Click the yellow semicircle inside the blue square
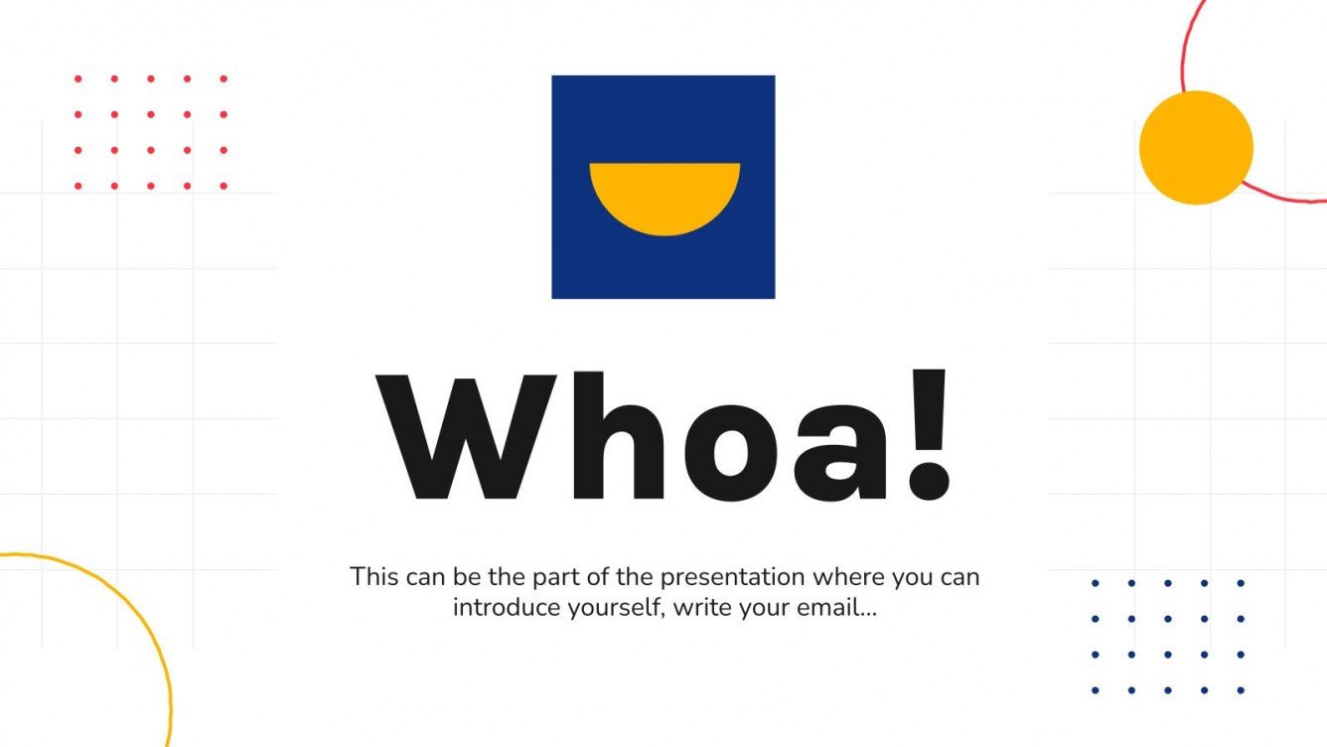coord(664,195)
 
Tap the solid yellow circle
coord(1196,148)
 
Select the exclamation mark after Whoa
coord(930,437)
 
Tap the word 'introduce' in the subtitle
coord(497,607)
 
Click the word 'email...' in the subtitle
coord(836,607)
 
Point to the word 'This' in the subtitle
coord(373,576)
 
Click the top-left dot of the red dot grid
coord(78,78)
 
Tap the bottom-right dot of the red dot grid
coord(223,186)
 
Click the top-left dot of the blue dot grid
coord(1096,583)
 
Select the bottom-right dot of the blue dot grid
coord(1241,690)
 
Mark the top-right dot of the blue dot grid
coord(1241,583)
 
